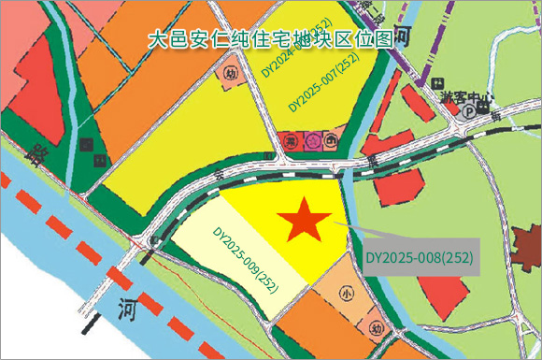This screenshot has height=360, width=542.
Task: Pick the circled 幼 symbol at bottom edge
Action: click(x=375, y=328)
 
